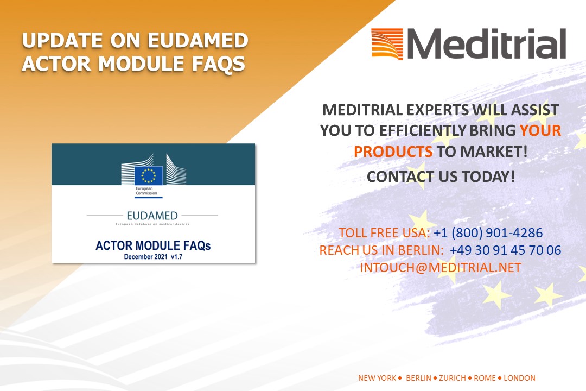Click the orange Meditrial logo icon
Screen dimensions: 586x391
pyautogui.click(x=387, y=44)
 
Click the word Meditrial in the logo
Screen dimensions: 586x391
pyautogui.click(x=486, y=44)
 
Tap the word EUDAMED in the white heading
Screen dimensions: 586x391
pyautogui.click(x=198, y=40)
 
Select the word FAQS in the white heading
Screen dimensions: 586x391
pyautogui.click(x=219, y=63)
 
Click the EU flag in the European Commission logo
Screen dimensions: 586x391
pyautogui.click(x=148, y=175)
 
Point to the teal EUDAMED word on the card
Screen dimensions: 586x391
pyautogui.click(x=152, y=216)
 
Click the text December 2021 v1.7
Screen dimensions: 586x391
pyautogui.click(x=153, y=257)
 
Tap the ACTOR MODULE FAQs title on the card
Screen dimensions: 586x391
pyautogui.click(x=153, y=245)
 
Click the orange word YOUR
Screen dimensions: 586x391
pyautogui.click(x=540, y=130)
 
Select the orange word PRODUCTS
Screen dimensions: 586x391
pyautogui.click(x=393, y=152)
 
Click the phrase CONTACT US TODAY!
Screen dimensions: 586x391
pyautogui.click(x=441, y=176)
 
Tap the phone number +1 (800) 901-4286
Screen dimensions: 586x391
pyautogui.click(x=488, y=233)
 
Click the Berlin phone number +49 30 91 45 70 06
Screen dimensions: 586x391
pyautogui.click(x=505, y=250)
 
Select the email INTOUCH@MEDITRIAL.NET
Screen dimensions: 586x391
pyautogui.click(x=441, y=268)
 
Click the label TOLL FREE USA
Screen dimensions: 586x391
pyautogui.click(x=383, y=233)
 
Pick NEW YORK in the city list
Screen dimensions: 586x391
pyautogui.click(x=377, y=378)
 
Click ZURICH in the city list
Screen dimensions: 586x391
pyautogui.click(x=453, y=378)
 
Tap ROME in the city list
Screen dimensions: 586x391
pyautogui.click(x=485, y=378)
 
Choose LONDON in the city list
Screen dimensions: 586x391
pyautogui.click(x=519, y=378)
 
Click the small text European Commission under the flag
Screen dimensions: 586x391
pyautogui.click(x=146, y=191)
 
